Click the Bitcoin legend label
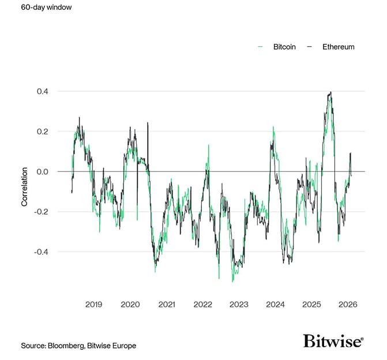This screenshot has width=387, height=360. [284, 47]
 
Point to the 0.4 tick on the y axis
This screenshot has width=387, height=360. [42, 91]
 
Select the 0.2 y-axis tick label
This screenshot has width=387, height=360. [42, 132]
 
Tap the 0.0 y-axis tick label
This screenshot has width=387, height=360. [42, 171]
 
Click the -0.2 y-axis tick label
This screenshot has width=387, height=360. [40, 212]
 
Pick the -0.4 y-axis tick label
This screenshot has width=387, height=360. [40, 252]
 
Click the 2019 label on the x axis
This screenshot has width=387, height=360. [93, 304]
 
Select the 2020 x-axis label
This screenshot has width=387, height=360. [130, 304]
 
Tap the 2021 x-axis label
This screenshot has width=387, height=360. [166, 304]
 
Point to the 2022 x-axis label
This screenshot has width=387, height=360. [202, 304]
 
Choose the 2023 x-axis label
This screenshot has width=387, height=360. [239, 304]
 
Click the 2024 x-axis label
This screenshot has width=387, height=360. [275, 304]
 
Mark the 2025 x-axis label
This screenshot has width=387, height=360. [311, 304]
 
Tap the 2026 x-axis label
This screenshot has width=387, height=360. [348, 304]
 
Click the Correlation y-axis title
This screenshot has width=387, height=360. [24, 187]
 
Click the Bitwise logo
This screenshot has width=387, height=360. [333, 341]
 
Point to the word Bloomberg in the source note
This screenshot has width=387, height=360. [68, 345]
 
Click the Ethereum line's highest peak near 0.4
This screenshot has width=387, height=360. [330, 92]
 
